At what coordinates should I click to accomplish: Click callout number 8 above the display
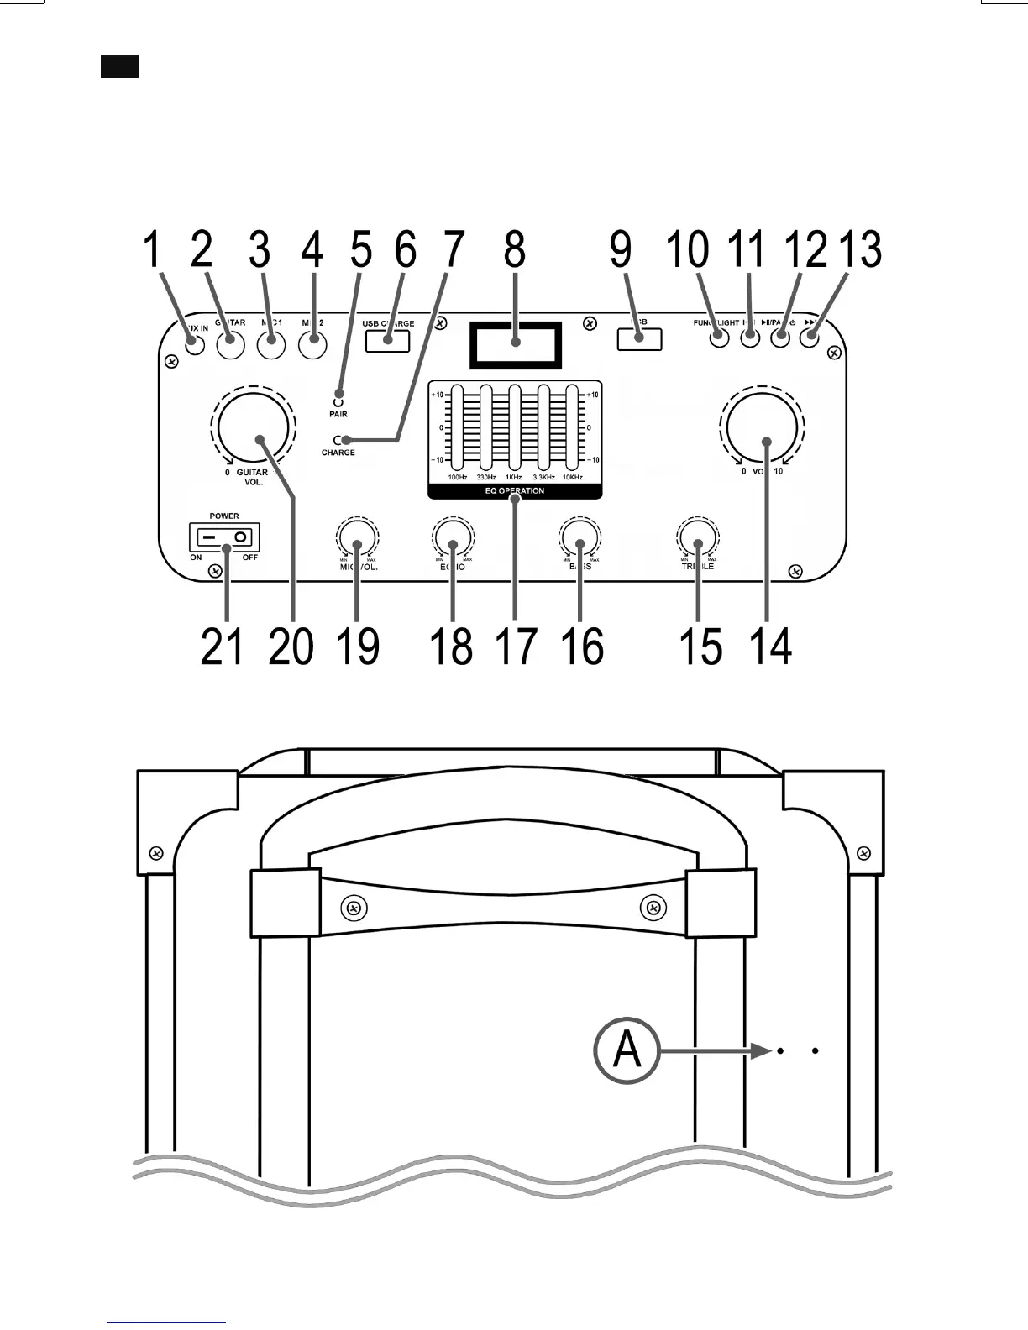pos(515,249)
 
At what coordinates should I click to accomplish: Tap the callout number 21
pos(222,647)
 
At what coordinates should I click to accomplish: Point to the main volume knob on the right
pos(760,430)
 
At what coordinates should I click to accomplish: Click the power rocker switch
pos(224,537)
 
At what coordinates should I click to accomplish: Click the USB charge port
pos(388,340)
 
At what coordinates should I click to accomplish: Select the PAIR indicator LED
pos(338,392)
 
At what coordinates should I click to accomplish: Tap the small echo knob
pos(453,538)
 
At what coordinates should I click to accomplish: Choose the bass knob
pos(580,538)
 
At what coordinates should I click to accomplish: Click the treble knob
pos(698,538)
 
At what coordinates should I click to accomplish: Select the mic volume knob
pos(357,538)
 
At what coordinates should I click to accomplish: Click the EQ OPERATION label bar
pos(515,491)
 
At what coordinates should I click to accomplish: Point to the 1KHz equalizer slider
pos(515,427)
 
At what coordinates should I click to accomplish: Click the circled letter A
pos(626,1050)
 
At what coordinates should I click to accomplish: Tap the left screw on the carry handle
pos(354,908)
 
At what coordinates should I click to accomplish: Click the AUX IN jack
pos(195,344)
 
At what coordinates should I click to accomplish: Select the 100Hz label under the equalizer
pos(458,478)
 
